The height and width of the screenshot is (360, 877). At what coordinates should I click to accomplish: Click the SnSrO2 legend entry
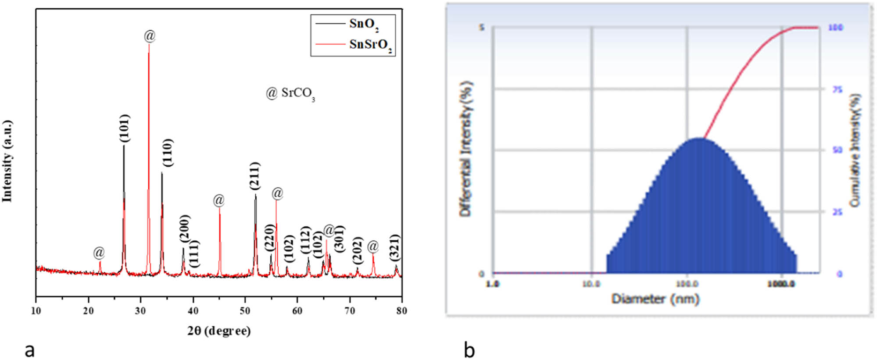coord(370,45)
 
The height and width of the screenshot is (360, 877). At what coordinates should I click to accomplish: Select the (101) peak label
coord(125,128)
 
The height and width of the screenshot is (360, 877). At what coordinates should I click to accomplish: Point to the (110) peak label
coord(168,153)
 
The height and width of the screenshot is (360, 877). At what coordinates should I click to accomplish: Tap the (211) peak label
coord(255,176)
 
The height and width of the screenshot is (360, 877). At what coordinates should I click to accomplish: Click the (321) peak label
coord(395,248)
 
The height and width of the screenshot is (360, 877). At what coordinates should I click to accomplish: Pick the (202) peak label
coord(358,250)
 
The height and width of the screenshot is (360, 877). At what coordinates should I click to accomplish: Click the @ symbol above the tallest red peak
coord(150,36)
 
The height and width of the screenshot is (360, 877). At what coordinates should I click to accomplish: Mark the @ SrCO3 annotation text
coord(290,93)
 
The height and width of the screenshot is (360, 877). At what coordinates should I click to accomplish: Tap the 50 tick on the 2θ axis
coord(245,310)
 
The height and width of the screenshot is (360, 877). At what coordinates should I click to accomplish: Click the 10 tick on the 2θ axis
coord(36,310)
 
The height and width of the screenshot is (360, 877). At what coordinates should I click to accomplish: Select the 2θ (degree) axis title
coord(219,330)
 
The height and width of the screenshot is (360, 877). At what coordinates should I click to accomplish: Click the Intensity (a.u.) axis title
coord(7,161)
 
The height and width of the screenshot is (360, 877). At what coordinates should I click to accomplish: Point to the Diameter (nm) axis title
coord(655,299)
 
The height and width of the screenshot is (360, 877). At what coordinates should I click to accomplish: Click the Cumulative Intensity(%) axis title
coord(855,150)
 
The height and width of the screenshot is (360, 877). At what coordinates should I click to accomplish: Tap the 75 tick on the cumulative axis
coord(837,89)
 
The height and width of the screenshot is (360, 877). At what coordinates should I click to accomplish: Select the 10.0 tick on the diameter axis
coord(591,284)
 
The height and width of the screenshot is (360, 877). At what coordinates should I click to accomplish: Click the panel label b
coord(469,350)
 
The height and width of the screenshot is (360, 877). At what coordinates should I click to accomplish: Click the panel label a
coord(29,350)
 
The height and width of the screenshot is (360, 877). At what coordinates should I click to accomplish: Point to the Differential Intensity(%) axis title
coord(466,149)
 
